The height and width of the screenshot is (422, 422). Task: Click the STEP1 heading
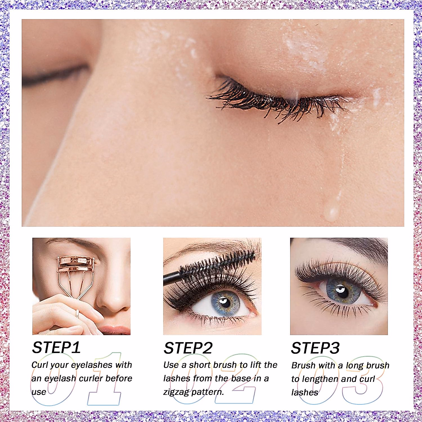(56, 348)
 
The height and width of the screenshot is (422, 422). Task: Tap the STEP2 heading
(188, 348)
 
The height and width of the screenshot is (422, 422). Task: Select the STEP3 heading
(315, 348)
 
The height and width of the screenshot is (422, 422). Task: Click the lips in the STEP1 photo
(114, 330)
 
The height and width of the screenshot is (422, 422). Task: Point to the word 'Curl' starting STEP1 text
(40, 365)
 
